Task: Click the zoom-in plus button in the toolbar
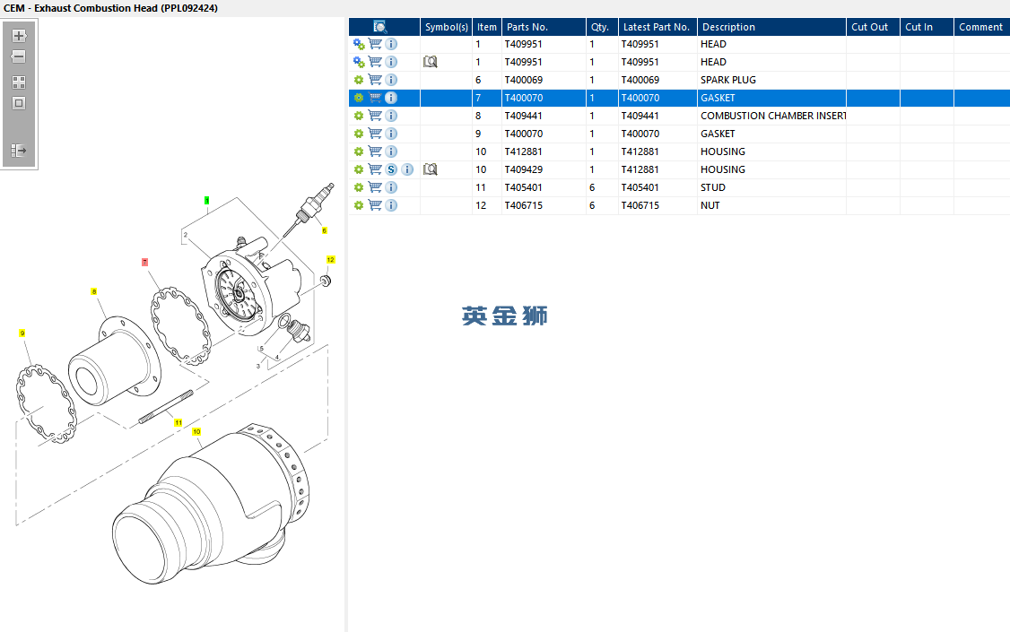tap(19, 36)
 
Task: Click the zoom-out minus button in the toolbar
tap(19, 56)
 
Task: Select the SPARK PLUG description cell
tap(727, 80)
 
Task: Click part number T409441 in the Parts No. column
tap(523, 116)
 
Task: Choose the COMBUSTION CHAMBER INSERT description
tap(773, 116)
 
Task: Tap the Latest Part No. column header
tap(657, 27)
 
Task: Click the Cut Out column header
tap(869, 27)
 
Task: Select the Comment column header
tap(980, 27)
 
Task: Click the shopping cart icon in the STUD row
tap(375, 187)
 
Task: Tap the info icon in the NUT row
tap(391, 205)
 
